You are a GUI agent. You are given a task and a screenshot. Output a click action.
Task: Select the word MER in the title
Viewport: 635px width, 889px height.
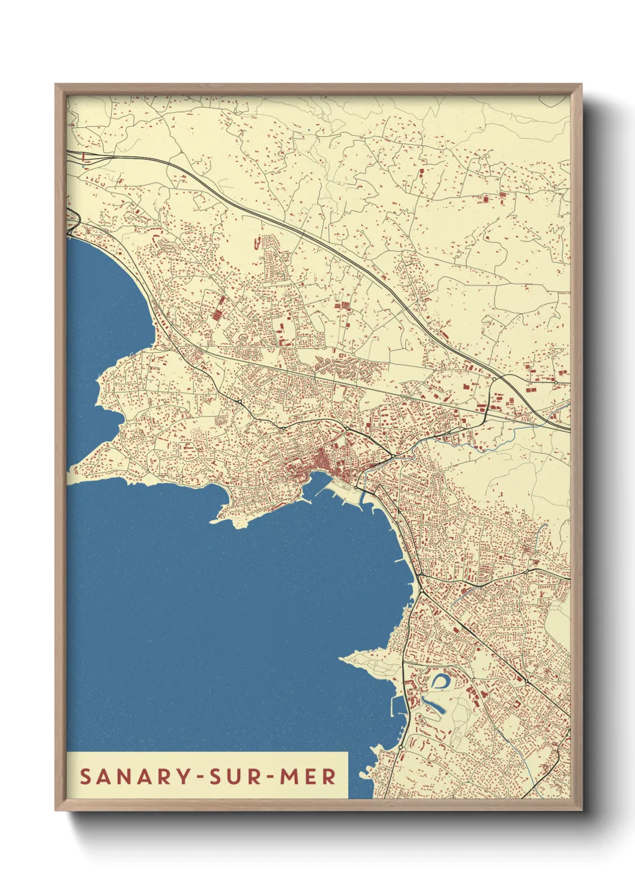pyautogui.click(x=308, y=776)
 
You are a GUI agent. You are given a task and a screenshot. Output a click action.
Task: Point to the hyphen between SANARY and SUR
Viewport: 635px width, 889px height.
pyautogui.click(x=195, y=777)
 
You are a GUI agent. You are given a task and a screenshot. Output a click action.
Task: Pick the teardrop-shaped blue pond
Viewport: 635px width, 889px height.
pyautogui.click(x=440, y=681)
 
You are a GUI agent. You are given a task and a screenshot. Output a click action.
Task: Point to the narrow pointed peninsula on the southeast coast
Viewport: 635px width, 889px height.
pyautogui.click(x=360, y=657)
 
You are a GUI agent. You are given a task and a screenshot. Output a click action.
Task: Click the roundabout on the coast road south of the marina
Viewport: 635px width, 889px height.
pyautogui.click(x=400, y=747)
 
